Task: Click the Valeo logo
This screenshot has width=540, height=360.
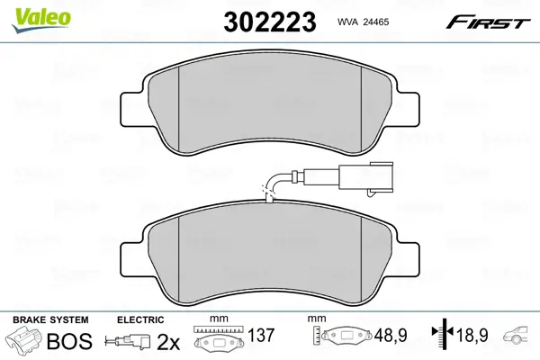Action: coord(41,19)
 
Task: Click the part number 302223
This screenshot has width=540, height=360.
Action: coord(270,22)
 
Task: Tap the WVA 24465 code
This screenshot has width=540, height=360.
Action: coord(363,22)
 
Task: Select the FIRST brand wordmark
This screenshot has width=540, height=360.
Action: coord(488,22)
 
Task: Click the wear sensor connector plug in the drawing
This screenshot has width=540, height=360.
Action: coord(366,176)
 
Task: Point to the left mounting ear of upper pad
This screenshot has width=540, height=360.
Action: coord(133,109)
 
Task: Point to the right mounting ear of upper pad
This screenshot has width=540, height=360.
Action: coord(408,109)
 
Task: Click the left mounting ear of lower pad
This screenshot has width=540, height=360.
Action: coord(133,258)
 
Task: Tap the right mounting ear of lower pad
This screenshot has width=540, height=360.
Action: coord(408,258)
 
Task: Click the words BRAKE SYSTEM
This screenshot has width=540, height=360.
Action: coord(50,319)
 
